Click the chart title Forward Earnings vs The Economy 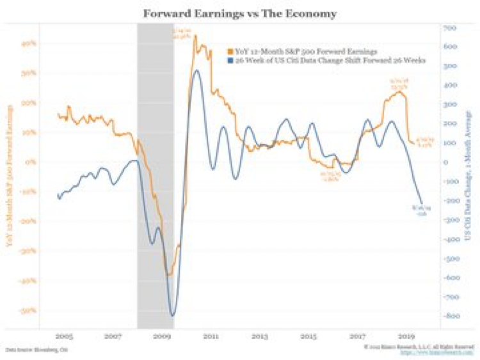pos(240,13)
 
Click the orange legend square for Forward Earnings pos(229,50)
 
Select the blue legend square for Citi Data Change pos(229,59)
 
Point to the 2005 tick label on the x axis pos(63,335)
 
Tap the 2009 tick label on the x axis pos(162,335)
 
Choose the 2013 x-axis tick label pos(259,335)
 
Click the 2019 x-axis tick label pos(405,335)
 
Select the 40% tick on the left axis pos(29,43)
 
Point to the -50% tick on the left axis pos(29,311)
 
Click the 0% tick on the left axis pos(31,162)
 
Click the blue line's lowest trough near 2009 pos(172,315)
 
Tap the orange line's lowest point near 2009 pos(168,276)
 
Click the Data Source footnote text pos(37,350)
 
